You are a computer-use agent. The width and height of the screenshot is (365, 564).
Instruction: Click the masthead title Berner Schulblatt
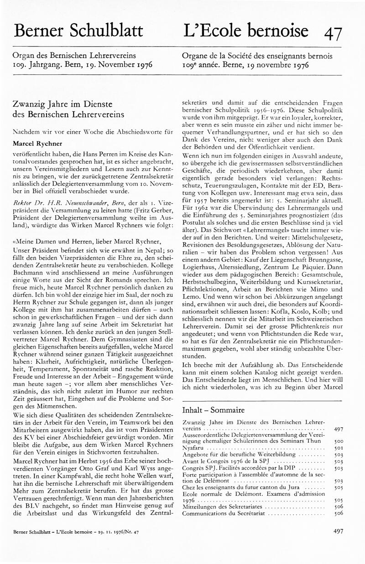[78, 31]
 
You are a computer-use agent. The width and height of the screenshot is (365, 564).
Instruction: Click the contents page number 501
[339, 448]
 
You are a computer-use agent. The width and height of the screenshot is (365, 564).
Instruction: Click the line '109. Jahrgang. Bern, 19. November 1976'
[83, 65]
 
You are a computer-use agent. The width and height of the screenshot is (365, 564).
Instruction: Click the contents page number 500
[339, 442]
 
